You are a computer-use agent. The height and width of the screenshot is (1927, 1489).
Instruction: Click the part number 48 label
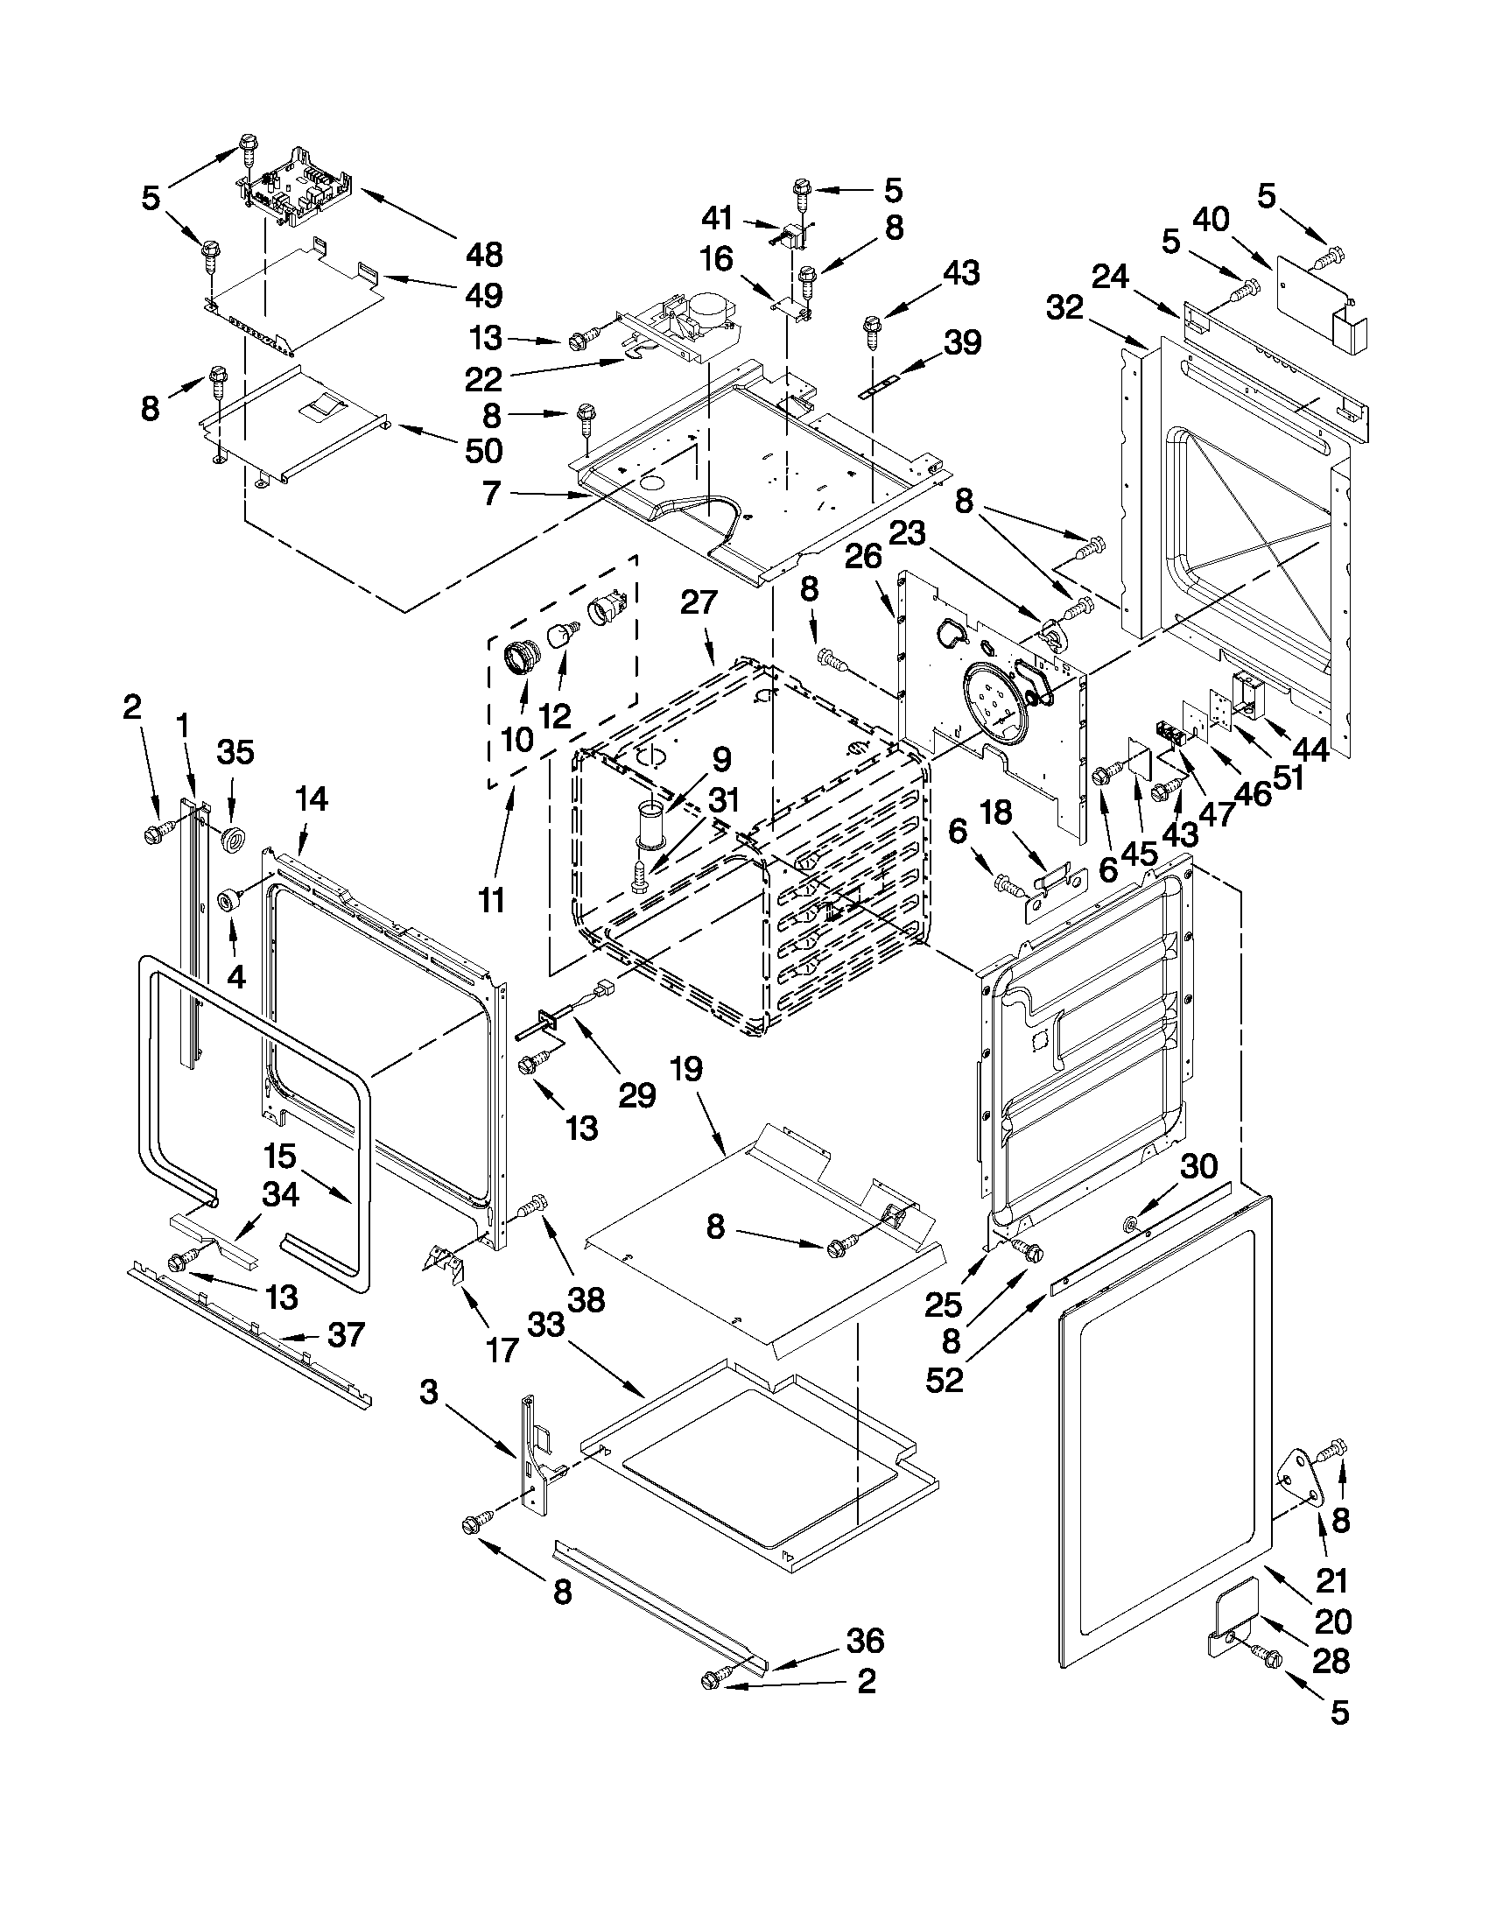tap(483, 255)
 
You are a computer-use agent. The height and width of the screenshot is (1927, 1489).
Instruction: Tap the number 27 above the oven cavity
tap(699, 602)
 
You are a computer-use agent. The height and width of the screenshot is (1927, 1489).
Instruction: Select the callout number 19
tap(686, 1068)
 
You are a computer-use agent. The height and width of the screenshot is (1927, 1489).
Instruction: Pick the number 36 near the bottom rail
tap(865, 1640)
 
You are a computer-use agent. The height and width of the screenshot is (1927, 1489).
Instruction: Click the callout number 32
tap(1065, 308)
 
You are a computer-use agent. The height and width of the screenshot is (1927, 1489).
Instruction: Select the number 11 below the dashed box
tap(491, 901)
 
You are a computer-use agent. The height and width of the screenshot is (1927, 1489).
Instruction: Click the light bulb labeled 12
tap(561, 636)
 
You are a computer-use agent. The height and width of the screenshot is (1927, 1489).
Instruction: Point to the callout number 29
tap(637, 1095)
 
